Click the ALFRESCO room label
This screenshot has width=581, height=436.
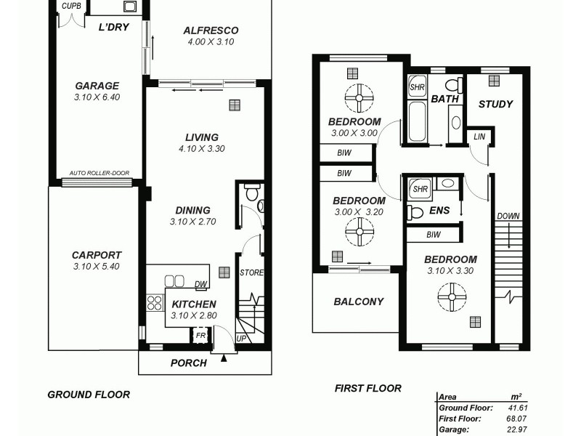pyautogui.click(x=211, y=31)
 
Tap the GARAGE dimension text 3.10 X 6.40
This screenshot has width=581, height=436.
pyautogui.click(x=97, y=97)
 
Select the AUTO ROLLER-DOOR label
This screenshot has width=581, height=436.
pyautogui.click(x=99, y=173)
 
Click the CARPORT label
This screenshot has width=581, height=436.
pyautogui.click(x=97, y=255)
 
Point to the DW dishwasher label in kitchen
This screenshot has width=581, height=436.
pyautogui.click(x=201, y=284)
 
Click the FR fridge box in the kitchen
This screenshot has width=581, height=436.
pyautogui.click(x=199, y=336)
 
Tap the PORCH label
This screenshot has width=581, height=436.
pyautogui.click(x=188, y=363)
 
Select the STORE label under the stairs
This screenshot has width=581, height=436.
pyautogui.click(x=251, y=273)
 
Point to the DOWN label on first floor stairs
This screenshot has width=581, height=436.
pyautogui.click(x=509, y=217)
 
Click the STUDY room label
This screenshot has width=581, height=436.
pyautogui.click(x=495, y=104)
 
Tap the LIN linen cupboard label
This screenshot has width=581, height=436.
pyautogui.click(x=479, y=137)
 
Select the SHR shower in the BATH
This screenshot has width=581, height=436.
pyautogui.click(x=417, y=88)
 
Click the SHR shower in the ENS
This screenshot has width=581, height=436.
pyautogui.click(x=420, y=190)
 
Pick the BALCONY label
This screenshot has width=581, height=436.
pyautogui.click(x=358, y=302)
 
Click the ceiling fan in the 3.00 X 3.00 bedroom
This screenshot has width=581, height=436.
pyautogui.click(x=359, y=97)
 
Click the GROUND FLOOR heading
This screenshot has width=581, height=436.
pyautogui.click(x=89, y=395)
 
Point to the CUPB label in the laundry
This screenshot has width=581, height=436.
pyautogui.click(x=70, y=6)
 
